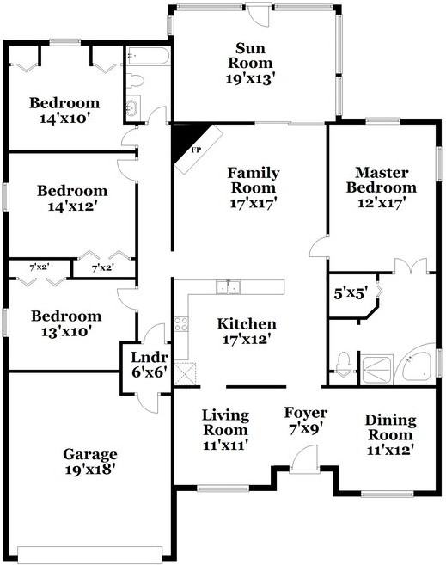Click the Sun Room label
pyautogui.click(x=250, y=56)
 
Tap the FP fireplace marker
pyautogui.click(x=196, y=150)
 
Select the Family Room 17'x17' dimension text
pyautogui.click(x=253, y=203)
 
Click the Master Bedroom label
pyautogui.click(x=382, y=180)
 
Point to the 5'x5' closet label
pyautogui.click(x=351, y=293)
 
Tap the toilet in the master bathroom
pyautogui.click(x=343, y=365)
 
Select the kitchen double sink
pyautogui.click(x=229, y=287)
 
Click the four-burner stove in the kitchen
pyautogui.click(x=180, y=323)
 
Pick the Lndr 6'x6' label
pyautogui.click(x=149, y=365)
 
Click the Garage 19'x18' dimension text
pyautogui.click(x=90, y=470)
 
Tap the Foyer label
pyautogui.click(x=306, y=413)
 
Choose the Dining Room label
pyautogui.click(x=390, y=427)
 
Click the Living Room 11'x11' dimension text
pyautogui.click(x=226, y=445)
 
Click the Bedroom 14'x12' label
pyautogui.click(x=72, y=198)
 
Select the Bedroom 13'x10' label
pyautogui.click(x=66, y=323)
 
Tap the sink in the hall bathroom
pyautogui.click(x=133, y=107)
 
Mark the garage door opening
pyautogui.click(x=90, y=553)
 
